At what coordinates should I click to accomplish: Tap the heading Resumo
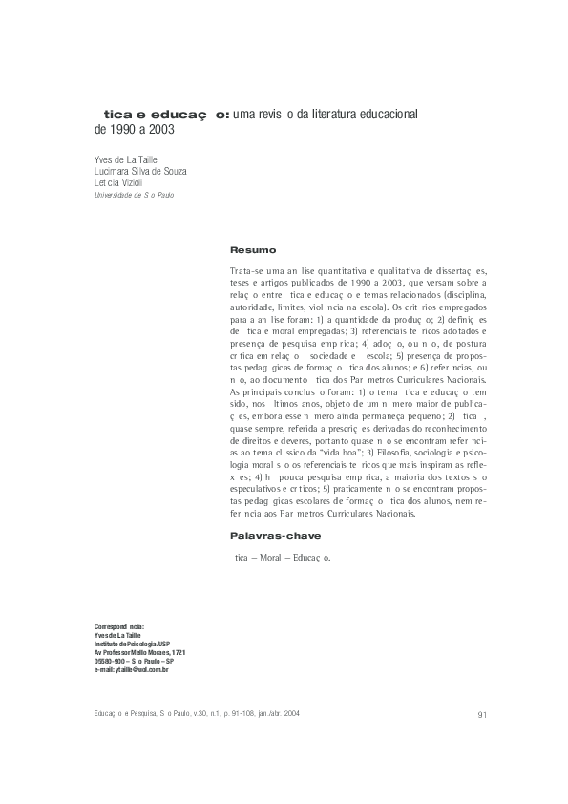253,249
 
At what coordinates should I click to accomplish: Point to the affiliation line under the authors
140,194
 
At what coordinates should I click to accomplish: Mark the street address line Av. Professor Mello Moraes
139,653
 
